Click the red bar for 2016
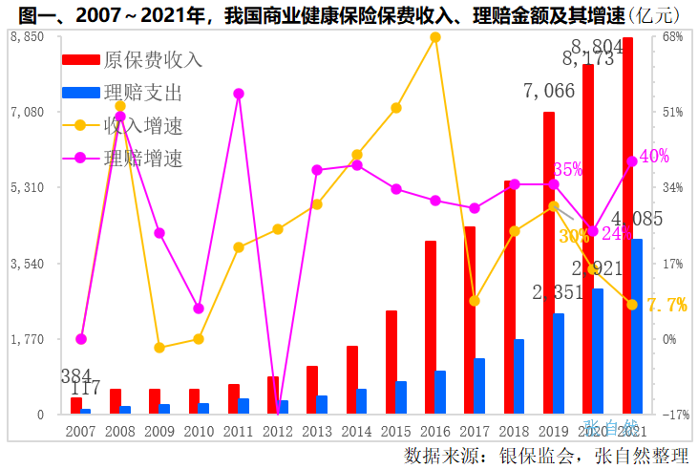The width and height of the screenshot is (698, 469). tap(431, 328)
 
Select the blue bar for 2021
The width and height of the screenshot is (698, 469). tap(637, 326)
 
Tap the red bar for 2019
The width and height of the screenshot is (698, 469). tap(549, 263)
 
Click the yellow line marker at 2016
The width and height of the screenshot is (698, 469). tap(435, 37)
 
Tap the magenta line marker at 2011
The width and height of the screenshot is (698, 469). tap(239, 94)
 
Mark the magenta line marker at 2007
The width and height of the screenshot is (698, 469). tap(81, 339)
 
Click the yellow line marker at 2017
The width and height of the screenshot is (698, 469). tap(475, 301)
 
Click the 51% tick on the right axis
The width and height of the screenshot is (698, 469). tap(672, 112)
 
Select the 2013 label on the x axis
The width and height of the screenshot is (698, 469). tap(317, 432)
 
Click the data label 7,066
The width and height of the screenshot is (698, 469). tap(549, 92)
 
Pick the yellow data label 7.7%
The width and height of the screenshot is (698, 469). tap(666, 305)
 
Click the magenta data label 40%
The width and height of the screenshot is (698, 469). tap(654, 157)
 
